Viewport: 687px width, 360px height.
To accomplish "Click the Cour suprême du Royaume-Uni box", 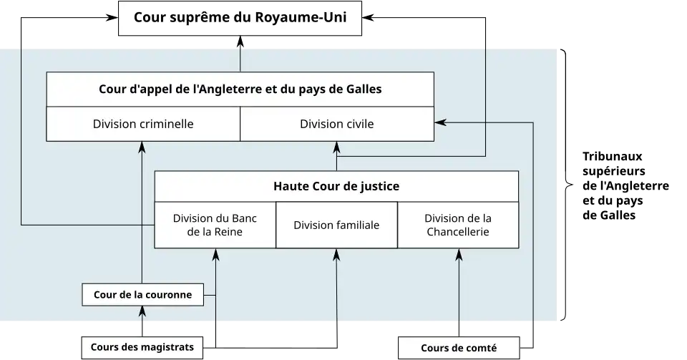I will click(x=240, y=18).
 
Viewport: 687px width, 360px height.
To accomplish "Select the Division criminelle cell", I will click(x=143, y=124).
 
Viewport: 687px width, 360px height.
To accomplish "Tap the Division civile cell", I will click(x=336, y=124).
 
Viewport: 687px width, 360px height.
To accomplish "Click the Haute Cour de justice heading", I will click(x=336, y=186).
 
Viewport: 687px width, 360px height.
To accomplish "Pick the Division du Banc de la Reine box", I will click(x=215, y=225).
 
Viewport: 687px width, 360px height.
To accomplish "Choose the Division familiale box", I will click(x=336, y=225).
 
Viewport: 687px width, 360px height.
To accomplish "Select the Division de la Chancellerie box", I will click(x=458, y=225).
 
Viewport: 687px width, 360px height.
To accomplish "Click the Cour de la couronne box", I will click(x=142, y=294).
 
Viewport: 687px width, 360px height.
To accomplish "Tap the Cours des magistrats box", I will click(x=142, y=347).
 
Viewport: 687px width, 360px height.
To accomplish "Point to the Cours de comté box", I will click(x=458, y=348).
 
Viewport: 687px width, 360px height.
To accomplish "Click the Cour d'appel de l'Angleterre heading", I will click(x=240, y=89).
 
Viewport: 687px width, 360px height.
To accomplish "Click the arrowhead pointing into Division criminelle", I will click(x=142, y=146).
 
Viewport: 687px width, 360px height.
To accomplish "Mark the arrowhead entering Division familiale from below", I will click(x=336, y=253).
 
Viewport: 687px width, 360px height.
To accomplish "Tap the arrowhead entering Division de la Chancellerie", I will click(x=459, y=253).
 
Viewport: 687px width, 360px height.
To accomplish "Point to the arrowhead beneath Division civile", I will click(x=336, y=146).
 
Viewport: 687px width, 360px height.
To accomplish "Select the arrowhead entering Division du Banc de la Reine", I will click(x=215, y=253).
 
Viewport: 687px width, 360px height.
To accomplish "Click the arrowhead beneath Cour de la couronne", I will click(x=142, y=311).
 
